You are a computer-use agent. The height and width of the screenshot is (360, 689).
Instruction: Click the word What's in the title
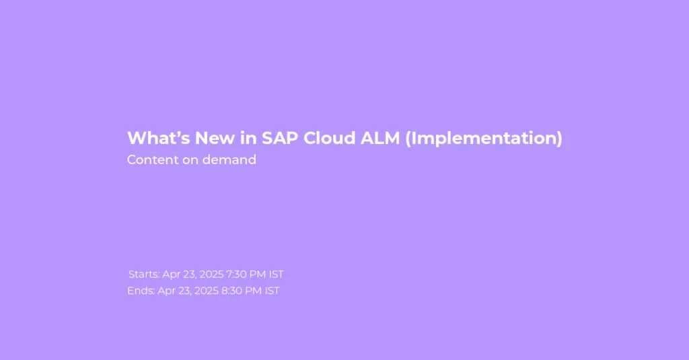click(x=159, y=138)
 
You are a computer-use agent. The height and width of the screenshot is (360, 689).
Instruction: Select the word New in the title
click(x=215, y=138)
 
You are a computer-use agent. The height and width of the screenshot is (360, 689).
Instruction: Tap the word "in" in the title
click(x=248, y=138)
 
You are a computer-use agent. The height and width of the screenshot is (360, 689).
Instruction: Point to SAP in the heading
click(x=280, y=138)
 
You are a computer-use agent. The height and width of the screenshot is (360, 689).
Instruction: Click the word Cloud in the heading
click(x=330, y=138)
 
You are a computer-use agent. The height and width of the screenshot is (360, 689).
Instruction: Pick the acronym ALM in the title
click(x=380, y=138)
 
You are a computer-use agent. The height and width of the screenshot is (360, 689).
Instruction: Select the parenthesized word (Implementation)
click(x=484, y=139)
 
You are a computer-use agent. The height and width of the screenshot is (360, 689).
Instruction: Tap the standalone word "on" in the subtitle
click(x=190, y=160)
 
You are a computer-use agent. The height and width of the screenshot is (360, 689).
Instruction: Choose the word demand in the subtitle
click(x=229, y=159)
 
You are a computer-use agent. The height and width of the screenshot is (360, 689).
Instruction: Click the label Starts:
click(x=144, y=275)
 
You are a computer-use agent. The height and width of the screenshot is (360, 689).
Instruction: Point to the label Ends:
click(x=141, y=291)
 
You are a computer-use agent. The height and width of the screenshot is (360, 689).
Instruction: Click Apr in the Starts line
click(x=172, y=275)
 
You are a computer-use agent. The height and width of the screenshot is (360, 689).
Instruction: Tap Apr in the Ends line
click(x=167, y=291)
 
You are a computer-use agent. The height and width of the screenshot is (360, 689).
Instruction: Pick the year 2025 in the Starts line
click(x=211, y=275)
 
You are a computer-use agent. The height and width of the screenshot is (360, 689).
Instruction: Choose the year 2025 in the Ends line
click(x=207, y=291)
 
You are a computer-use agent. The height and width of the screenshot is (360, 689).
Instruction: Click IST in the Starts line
click(x=277, y=275)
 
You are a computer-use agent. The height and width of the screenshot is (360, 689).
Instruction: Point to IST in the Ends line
click(x=272, y=291)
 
